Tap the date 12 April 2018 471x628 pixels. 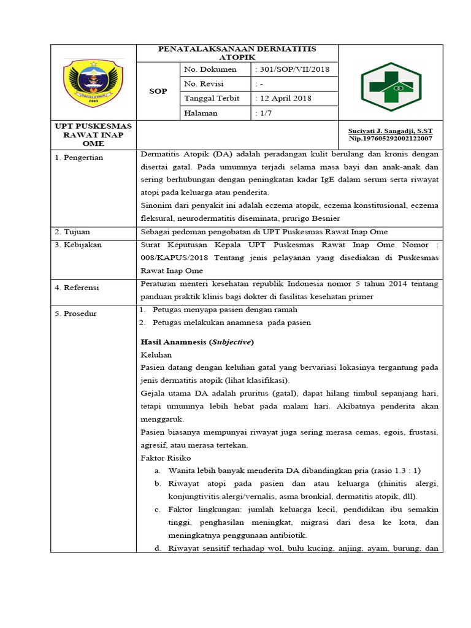click(283, 98)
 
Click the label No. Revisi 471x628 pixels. click(204, 83)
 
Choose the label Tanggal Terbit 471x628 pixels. click(212, 98)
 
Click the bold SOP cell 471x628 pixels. click(158, 91)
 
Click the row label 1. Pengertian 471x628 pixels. click(79, 158)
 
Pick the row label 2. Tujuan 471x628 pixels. click(72, 232)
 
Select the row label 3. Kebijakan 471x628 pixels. click(78, 245)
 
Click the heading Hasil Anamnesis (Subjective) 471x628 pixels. click(197, 342)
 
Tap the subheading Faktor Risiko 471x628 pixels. click(166, 458)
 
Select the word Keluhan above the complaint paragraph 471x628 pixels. click(156, 354)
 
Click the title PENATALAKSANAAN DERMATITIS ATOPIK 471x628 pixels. click(237, 53)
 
